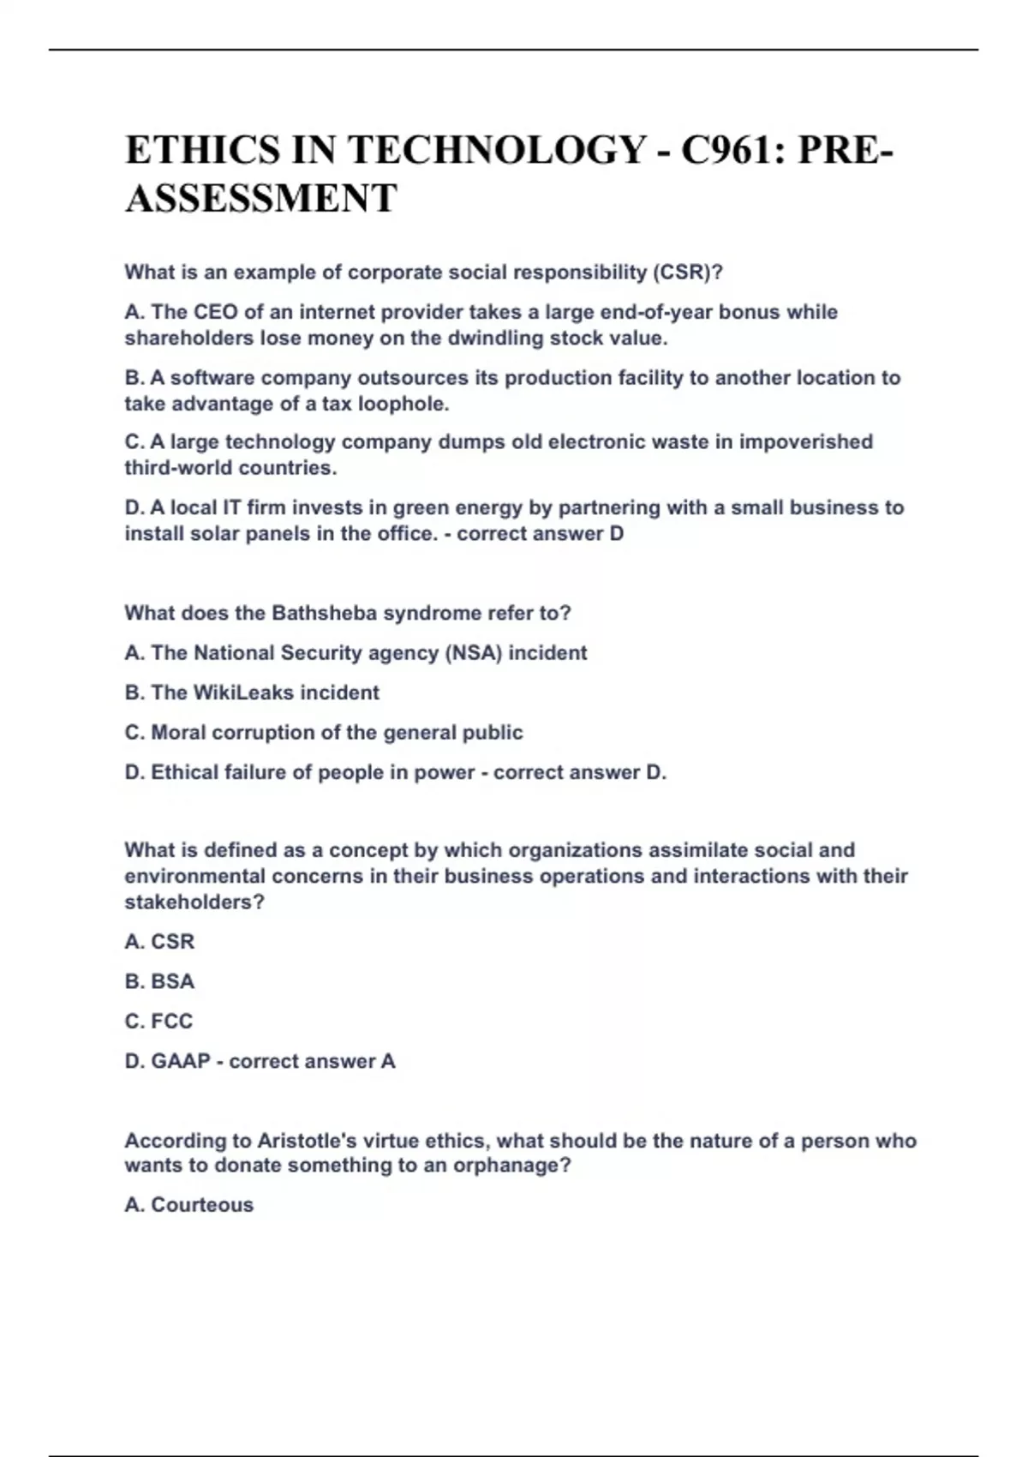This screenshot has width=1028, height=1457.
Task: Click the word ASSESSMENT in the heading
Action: pos(260,199)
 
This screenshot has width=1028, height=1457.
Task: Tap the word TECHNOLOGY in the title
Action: pos(497,150)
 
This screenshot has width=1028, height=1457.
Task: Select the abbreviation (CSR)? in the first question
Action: pos(688,273)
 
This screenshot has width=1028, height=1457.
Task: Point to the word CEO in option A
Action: pos(216,312)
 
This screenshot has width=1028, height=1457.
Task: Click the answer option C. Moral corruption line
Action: pos(323,733)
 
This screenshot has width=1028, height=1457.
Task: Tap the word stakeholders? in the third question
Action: pos(194,902)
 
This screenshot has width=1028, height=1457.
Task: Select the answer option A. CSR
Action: pos(159,942)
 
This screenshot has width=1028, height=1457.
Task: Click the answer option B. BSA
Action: pos(159,981)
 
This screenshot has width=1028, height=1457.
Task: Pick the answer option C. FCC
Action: pos(158,1022)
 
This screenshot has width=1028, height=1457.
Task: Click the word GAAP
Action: pos(180,1061)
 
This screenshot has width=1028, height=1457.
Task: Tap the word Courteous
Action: pos(202,1205)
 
